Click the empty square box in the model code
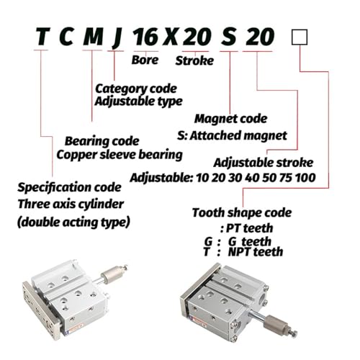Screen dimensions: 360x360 point(300,37)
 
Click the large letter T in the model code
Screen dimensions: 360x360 point(43,37)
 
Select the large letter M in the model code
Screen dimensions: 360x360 point(93,37)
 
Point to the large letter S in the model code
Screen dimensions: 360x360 point(229,37)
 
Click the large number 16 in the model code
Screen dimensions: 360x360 point(145,37)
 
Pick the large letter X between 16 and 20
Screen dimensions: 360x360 point(171,37)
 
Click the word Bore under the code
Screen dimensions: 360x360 point(145,60)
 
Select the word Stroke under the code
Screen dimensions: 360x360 point(194,60)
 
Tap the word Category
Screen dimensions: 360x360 point(122,89)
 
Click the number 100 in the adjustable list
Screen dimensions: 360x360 point(305,178)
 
